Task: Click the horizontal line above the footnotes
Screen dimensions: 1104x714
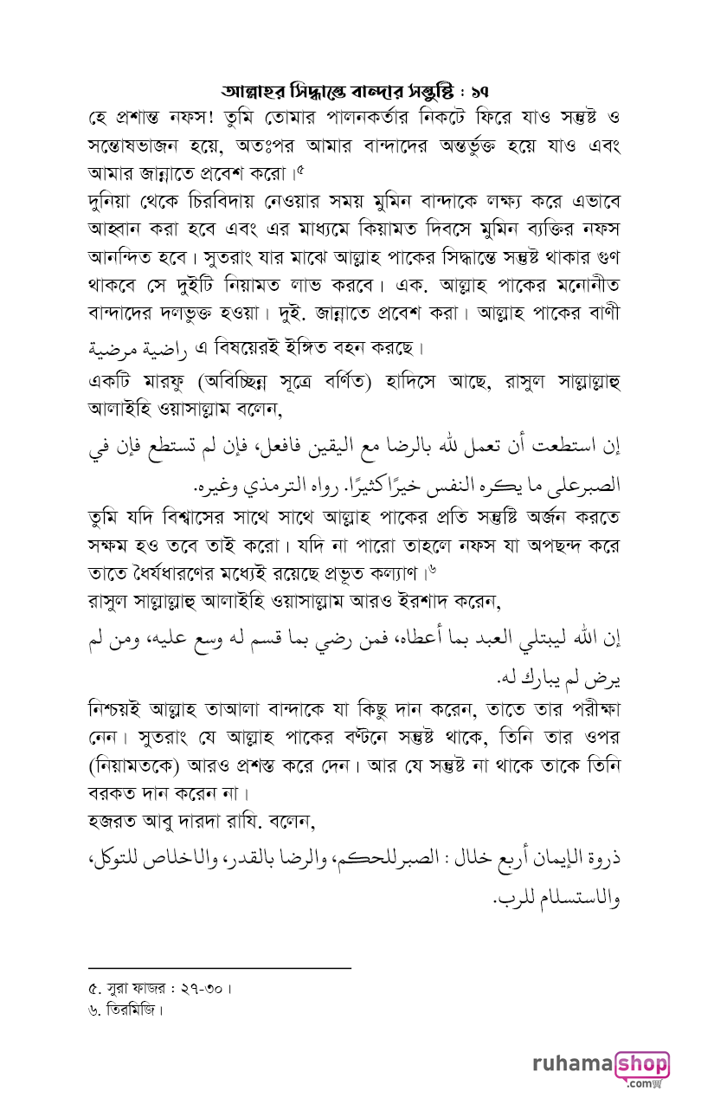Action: [220, 968]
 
